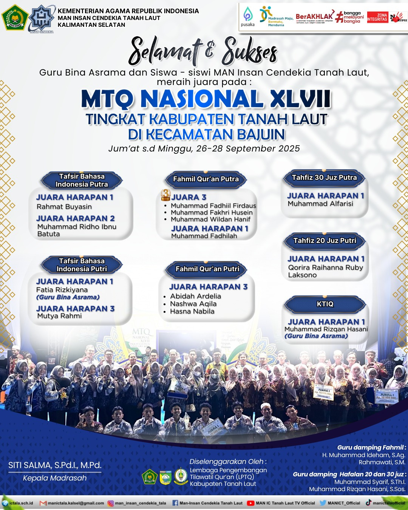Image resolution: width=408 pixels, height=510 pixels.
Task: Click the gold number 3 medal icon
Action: tap(165, 195)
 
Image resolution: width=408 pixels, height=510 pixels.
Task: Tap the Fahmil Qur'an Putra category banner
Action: tap(206, 179)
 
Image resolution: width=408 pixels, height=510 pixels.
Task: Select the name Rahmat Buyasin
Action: tap(64, 207)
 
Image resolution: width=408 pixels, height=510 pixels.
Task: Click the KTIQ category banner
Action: tap(325, 304)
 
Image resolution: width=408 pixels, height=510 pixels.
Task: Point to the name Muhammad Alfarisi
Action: tap(320, 204)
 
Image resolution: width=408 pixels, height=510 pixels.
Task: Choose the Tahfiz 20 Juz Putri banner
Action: tap(325, 241)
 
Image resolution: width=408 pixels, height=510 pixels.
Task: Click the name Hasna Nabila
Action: tap(192, 311)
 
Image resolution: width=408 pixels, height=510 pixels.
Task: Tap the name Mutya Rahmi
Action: tap(59, 316)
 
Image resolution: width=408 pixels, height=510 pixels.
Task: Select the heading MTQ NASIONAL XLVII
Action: tap(206, 99)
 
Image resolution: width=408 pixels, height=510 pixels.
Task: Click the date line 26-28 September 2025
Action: tap(204, 148)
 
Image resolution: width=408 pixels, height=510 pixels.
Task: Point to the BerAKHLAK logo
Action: tap(314, 17)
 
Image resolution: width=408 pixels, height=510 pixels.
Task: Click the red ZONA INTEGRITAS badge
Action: tap(377, 17)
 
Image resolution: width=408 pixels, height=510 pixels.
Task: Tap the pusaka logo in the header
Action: tap(248, 17)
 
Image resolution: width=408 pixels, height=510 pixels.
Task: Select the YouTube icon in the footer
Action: tap(250, 503)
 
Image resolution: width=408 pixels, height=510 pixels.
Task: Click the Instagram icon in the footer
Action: tap(111, 503)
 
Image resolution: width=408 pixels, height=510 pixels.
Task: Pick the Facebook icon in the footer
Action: tap(175, 503)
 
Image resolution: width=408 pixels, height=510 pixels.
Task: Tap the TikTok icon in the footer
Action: tap(368, 503)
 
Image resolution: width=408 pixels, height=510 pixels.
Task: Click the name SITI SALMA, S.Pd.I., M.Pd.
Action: tap(55, 465)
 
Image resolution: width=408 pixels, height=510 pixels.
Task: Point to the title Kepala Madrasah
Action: tap(55, 478)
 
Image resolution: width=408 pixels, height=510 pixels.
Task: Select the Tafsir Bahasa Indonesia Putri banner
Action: tap(82, 265)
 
